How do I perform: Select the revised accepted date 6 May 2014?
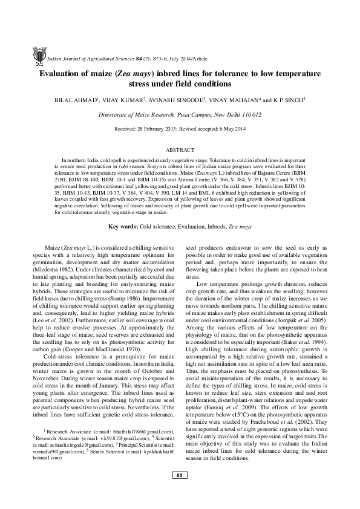click(x=229, y=129)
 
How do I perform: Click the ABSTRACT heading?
click(x=180, y=149)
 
